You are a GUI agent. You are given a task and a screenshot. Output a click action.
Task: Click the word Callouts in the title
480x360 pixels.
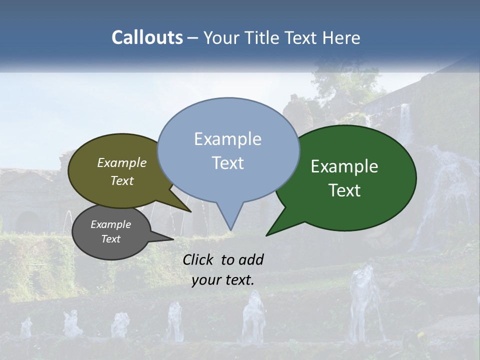[147, 37]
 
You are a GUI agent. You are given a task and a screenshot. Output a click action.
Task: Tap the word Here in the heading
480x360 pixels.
[341, 37]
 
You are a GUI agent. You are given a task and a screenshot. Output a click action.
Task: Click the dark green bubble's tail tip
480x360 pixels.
[266, 235]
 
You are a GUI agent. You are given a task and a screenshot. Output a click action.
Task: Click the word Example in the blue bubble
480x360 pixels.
[227, 138]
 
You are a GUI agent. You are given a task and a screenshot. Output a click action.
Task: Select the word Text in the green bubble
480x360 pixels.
[344, 190]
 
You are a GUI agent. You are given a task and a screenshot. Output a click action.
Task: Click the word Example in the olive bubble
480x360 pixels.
[121, 162]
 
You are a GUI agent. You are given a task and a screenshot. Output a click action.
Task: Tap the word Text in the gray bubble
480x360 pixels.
[110, 239]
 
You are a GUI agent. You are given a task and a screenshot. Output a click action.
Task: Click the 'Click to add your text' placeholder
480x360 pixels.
[223, 269]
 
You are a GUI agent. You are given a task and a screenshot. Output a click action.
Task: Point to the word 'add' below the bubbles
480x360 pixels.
[251, 259]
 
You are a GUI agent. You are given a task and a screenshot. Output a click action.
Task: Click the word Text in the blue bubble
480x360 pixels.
[228, 163]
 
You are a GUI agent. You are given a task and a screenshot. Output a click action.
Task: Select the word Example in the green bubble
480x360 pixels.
[344, 166]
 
